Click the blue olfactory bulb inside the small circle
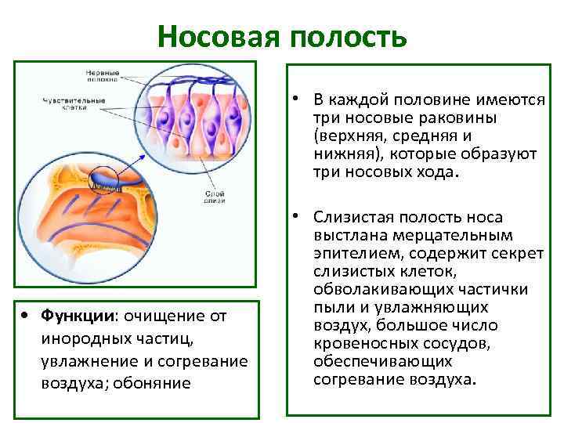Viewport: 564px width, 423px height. point(105,181)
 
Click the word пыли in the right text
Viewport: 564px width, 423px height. point(328,308)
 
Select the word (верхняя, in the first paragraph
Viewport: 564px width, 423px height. point(346,136)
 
